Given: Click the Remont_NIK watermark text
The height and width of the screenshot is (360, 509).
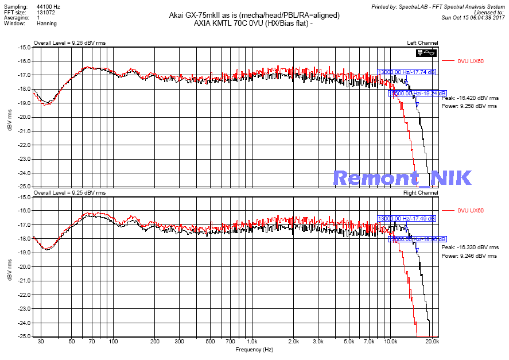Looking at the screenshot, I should (402, 178).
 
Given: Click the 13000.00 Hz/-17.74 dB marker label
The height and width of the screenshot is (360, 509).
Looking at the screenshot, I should (406, 72).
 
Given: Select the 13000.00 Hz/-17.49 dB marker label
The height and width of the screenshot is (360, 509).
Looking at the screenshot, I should (406, 219).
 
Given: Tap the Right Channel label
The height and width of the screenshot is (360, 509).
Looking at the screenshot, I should (421, 192).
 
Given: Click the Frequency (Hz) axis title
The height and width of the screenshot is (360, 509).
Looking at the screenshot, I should (254, 349).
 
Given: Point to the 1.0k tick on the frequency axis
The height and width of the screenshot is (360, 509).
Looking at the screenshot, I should (252, 342).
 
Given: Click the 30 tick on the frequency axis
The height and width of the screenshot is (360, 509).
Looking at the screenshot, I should (40, 342).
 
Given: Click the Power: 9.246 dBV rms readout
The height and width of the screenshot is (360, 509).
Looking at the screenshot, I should (469, 256).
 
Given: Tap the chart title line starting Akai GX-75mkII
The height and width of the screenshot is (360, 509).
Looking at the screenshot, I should (254, 15).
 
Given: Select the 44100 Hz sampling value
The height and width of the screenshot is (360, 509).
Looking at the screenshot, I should (48, 6).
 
